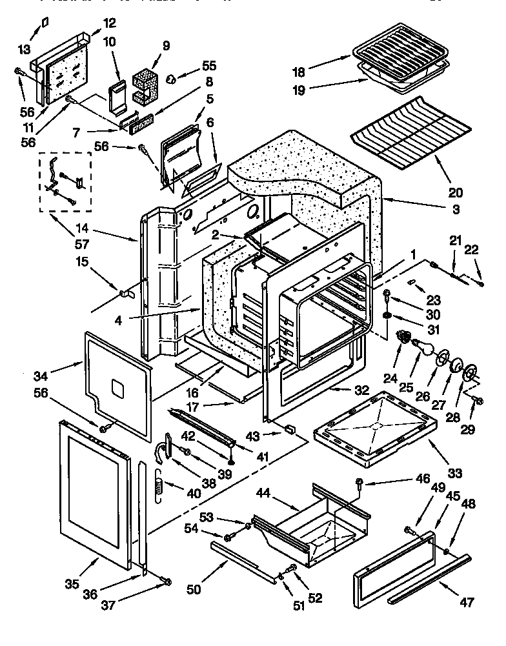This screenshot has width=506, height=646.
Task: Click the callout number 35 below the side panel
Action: coord(72,584)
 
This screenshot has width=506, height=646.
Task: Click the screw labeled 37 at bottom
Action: coord(167,582)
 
